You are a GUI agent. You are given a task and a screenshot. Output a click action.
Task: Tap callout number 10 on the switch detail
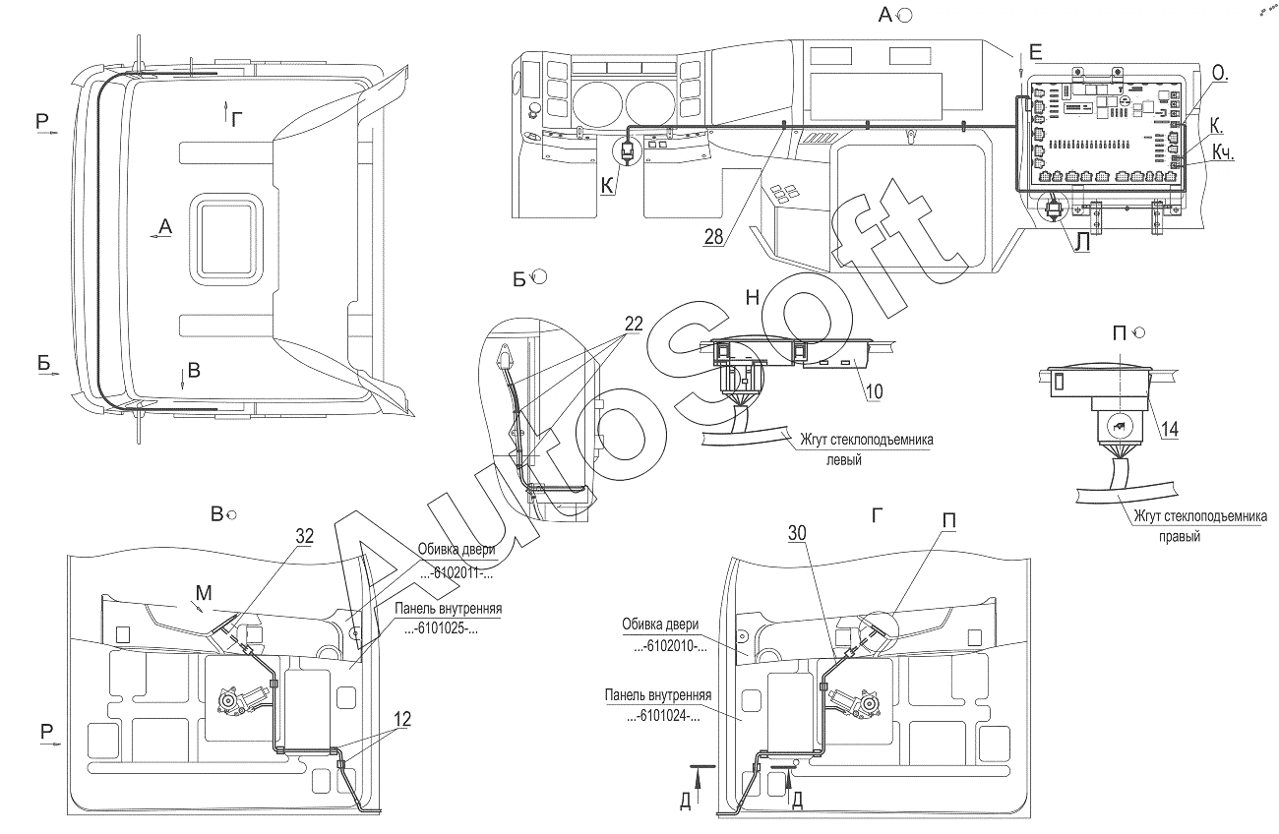tap(874, 390)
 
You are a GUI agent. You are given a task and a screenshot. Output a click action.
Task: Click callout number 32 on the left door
tap(304, 535)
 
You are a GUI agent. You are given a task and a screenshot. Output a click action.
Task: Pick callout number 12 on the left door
tap(402, 719)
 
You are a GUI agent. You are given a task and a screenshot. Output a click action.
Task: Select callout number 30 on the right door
tap(799, 532)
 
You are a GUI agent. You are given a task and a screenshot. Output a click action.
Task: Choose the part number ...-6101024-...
tap(663, 716)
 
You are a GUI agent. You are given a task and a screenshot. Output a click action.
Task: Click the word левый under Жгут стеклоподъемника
tap(842, 459)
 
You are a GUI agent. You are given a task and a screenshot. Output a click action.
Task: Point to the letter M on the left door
tap(202, 592)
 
